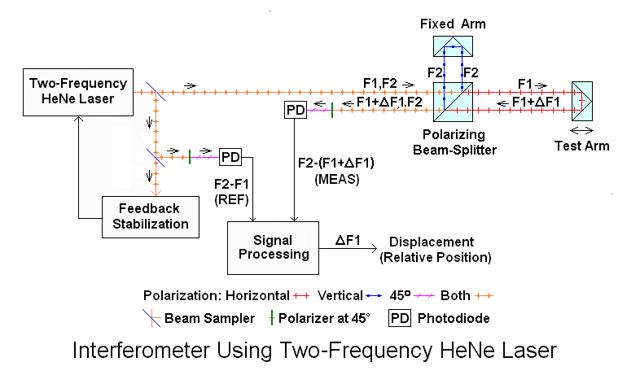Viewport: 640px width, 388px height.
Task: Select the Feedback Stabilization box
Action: click(x=151, y=216)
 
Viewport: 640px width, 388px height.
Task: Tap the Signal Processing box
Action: click(x=275, y=246)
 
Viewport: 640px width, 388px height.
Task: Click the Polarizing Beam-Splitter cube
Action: click(x=454, y=102)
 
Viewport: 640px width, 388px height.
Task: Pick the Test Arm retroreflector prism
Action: click(x=582, y=102)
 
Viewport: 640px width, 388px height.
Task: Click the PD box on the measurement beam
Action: click(x=294, y=110)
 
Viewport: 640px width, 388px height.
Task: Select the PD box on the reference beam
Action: click(x=230, y=155)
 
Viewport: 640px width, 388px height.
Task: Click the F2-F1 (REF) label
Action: click(x=230, y=191)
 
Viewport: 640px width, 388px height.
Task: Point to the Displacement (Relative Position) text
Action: click(x=435, y=250)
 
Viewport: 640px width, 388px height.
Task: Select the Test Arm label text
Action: click(x=581, y=146)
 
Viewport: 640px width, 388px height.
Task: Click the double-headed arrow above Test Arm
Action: click(x=581, y=130)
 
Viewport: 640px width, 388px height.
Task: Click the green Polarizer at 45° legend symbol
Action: click(x=270, y=317)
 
